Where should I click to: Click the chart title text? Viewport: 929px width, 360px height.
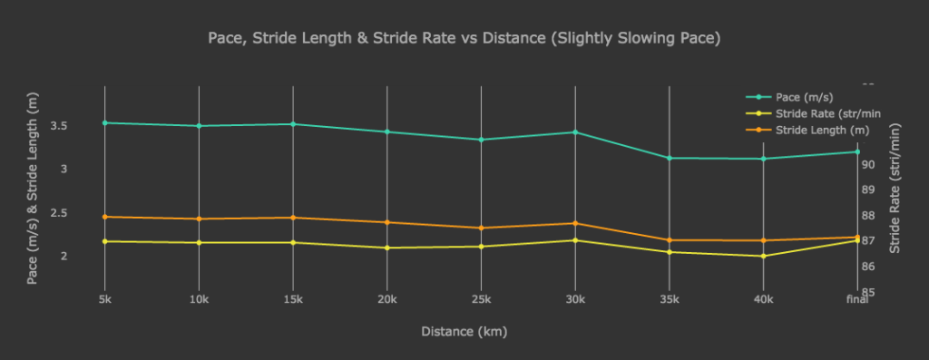pos(464,38)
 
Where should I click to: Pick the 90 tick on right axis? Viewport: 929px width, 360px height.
pos(868,164)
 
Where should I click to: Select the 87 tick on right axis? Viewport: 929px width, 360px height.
pos(868,241)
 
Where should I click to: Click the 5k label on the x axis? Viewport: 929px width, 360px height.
pos(104,299)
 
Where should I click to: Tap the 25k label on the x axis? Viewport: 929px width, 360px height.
pos(481,299)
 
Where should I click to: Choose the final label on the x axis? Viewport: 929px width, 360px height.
pos(856,299)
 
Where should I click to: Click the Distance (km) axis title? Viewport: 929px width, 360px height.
pos(464,331)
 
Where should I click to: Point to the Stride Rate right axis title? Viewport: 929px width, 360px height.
pos(895,189)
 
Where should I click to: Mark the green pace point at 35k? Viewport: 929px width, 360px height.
pos(670,158)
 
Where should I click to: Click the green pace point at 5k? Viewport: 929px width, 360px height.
pos(104,122)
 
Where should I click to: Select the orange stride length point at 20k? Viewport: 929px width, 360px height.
pos(387,222)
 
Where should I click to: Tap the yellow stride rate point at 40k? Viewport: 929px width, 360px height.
pos(763,256)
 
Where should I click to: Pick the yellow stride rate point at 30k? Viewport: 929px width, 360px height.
pos(575,240)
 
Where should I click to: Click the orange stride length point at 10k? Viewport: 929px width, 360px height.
pos(199,219)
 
